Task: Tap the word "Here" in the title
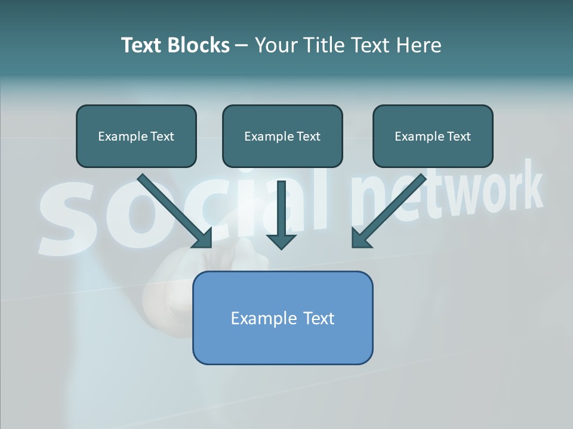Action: pyautogui.click(x=419, y=45)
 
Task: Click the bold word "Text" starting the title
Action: pyautogui.click(x=143, y=45)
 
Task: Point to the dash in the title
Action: pyautogui.click(x=242, y=45)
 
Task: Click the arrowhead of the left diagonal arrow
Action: pyautogui.click(x=203, y=238)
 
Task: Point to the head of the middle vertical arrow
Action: pyautogui.click(x=281, y=241)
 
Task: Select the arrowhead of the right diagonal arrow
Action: pyautogui.click(x=361, y=238)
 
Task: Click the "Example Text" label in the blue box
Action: pyautogui.click(x=282, y=318)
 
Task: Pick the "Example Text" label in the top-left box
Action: pyautogui.click(x=136, y=136)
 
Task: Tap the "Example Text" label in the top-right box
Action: pyautogui.click(x=433, y=136)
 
